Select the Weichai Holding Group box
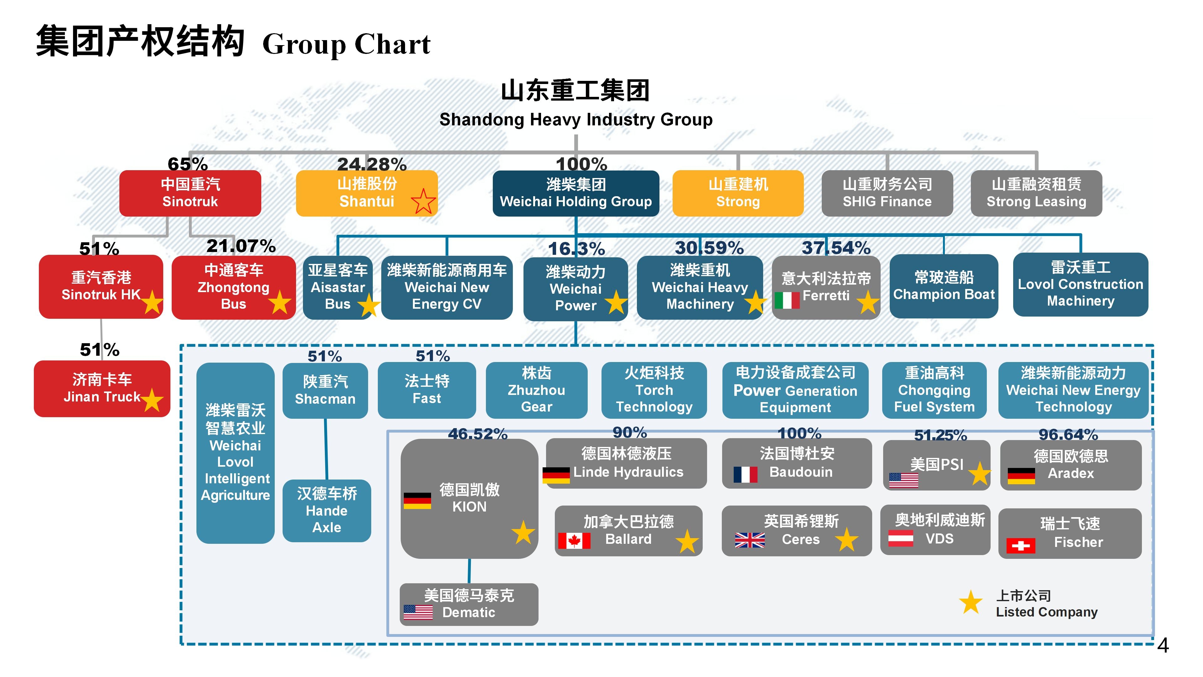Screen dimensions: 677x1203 [575, 193]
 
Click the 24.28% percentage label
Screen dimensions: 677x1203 [372, 164]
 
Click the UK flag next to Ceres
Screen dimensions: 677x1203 [750, 540]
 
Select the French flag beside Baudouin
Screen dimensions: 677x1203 [745, 474]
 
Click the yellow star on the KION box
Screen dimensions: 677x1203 [523, 532]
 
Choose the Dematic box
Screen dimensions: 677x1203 [469, 604]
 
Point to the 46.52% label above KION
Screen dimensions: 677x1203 [477, 433]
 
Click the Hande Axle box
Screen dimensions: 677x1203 [326, 511]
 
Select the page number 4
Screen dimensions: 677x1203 [1163, 646]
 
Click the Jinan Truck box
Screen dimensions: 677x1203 [102, 388]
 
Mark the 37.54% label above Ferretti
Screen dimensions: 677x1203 [836, 248]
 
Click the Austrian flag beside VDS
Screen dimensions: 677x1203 [900, 538]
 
